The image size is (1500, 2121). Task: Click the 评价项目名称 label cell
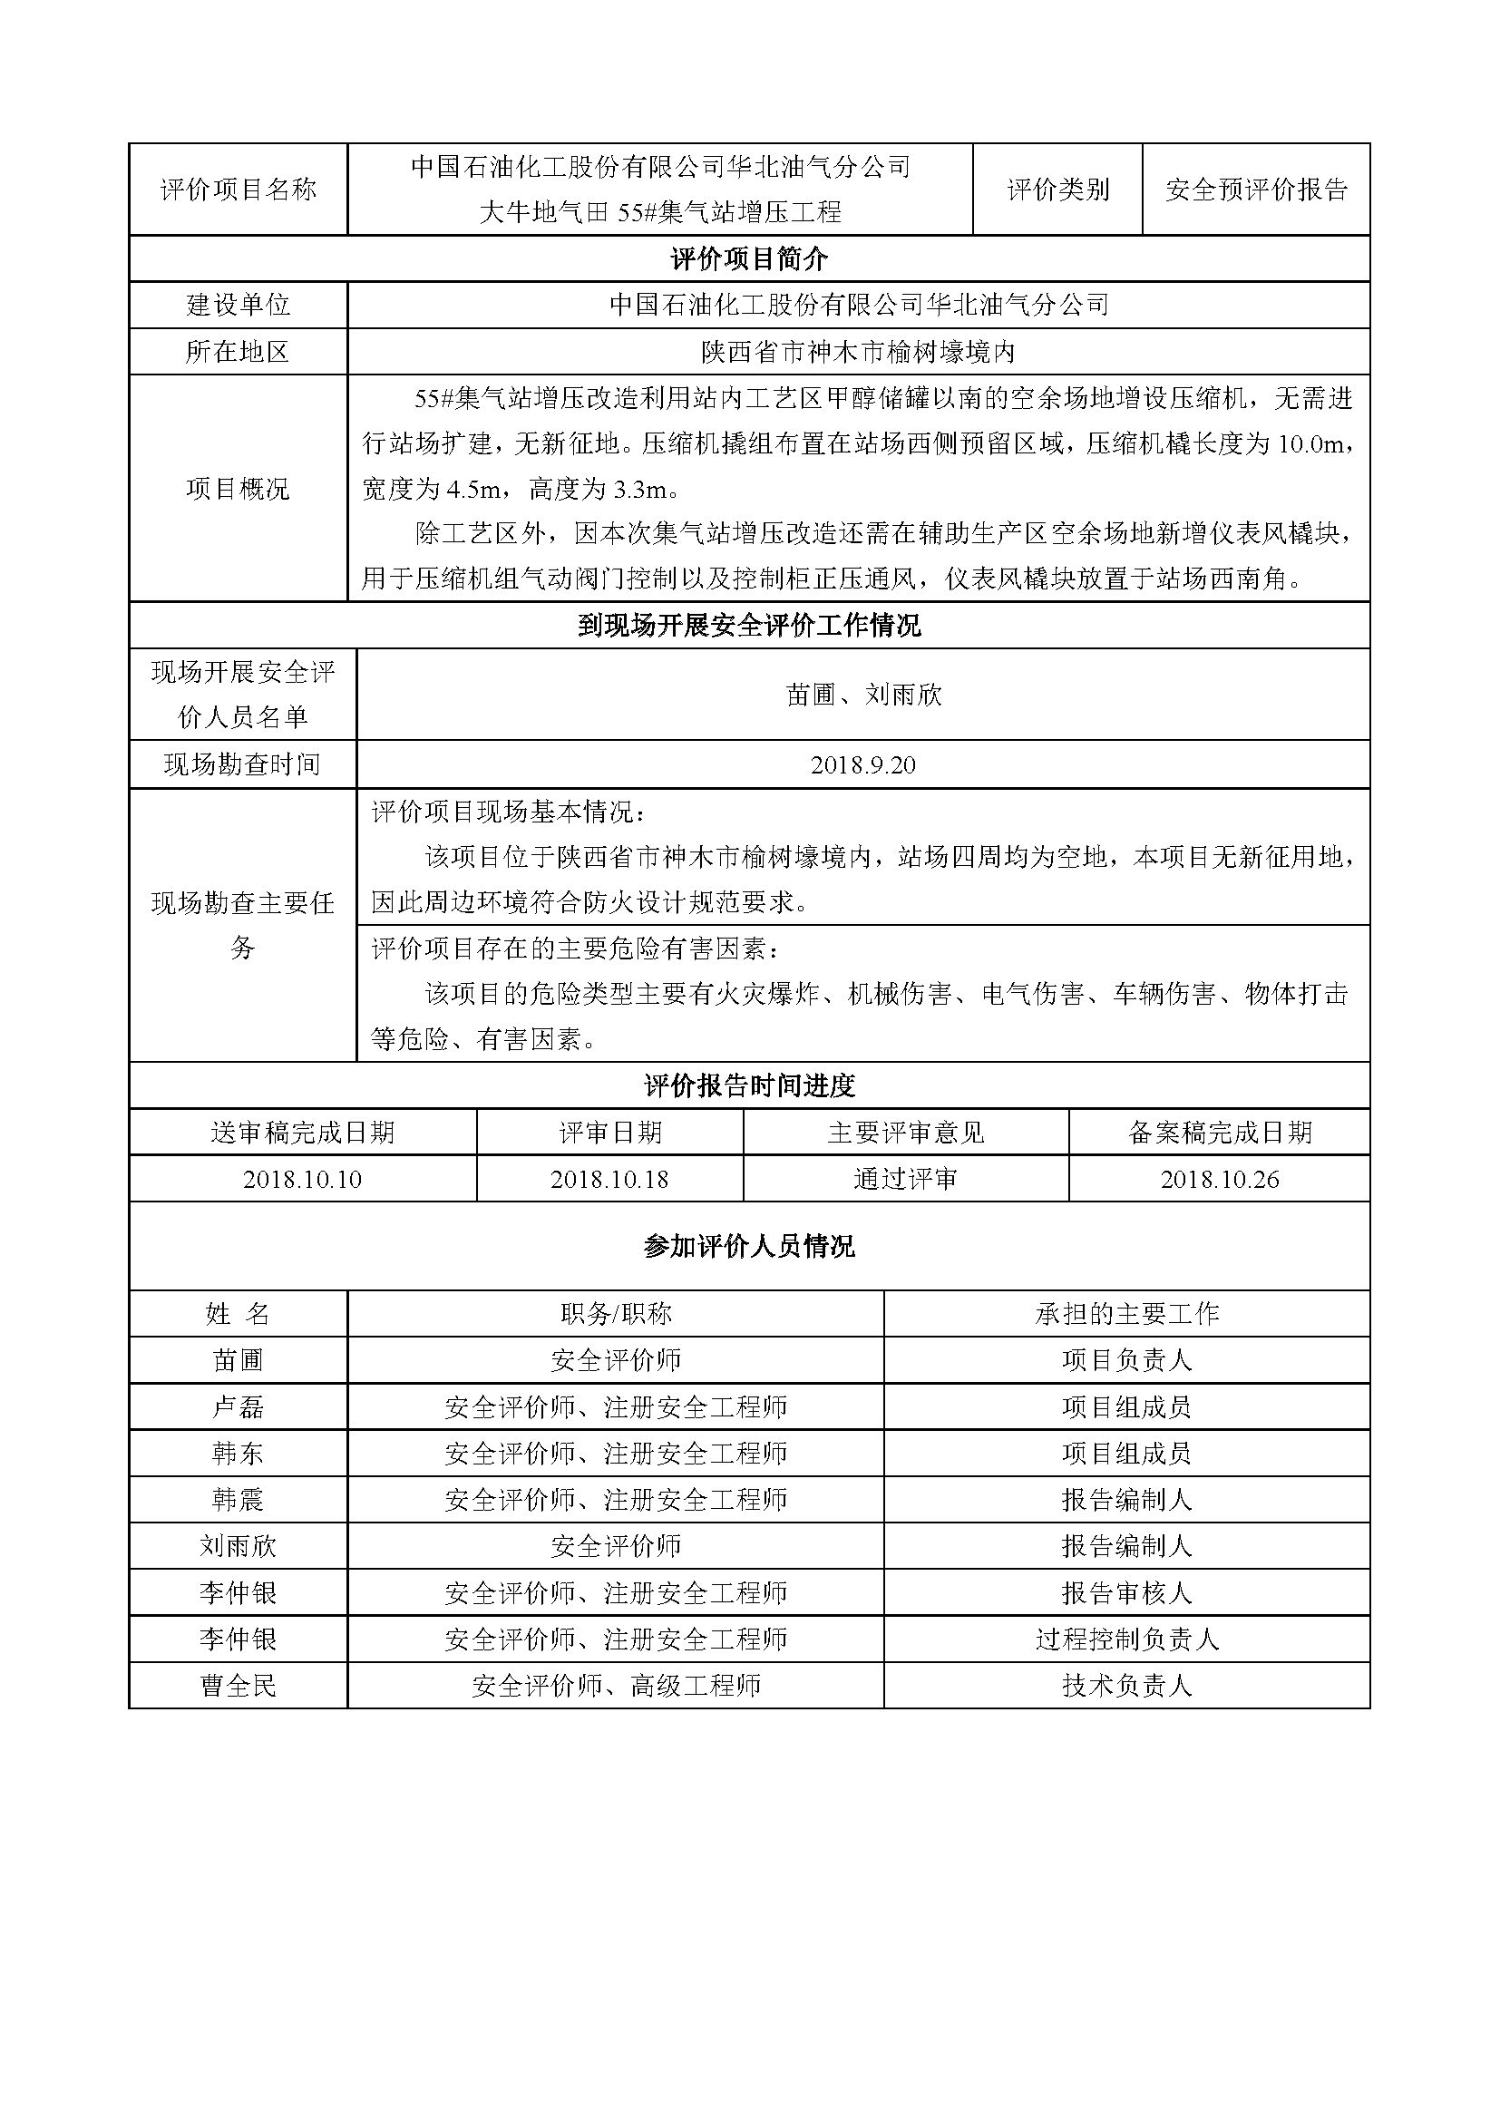coord(239,190)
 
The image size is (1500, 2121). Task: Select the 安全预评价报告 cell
coord(1256,190)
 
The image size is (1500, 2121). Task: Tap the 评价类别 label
coord(1057,190)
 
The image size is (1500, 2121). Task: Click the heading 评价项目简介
coord(749,258)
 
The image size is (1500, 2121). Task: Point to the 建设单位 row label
coord(239,305)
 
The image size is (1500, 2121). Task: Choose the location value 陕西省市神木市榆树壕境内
coord(858,352)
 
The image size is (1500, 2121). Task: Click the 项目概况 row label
coord(239,489)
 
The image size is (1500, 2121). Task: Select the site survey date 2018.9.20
coord(862,765)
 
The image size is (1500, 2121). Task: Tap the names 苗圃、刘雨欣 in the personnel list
coord(862,695)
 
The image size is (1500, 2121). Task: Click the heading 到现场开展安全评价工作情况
coord(749,626)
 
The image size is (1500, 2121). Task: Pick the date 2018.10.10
coord(303,1180)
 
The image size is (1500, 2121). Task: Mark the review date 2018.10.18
coord(609,1180)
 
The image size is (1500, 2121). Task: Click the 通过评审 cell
coord(905,1180)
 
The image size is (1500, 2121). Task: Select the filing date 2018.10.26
coord(1219,1180)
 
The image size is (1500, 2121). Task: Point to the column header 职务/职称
coord(616,1314)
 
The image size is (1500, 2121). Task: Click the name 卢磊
coord(239,1407)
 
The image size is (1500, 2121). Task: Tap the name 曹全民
coord(239,1686)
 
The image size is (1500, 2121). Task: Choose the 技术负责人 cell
coord(1127,1686)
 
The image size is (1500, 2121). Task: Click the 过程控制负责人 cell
coord(1127,1639)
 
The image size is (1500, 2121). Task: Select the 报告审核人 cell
coord(1127,1592)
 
